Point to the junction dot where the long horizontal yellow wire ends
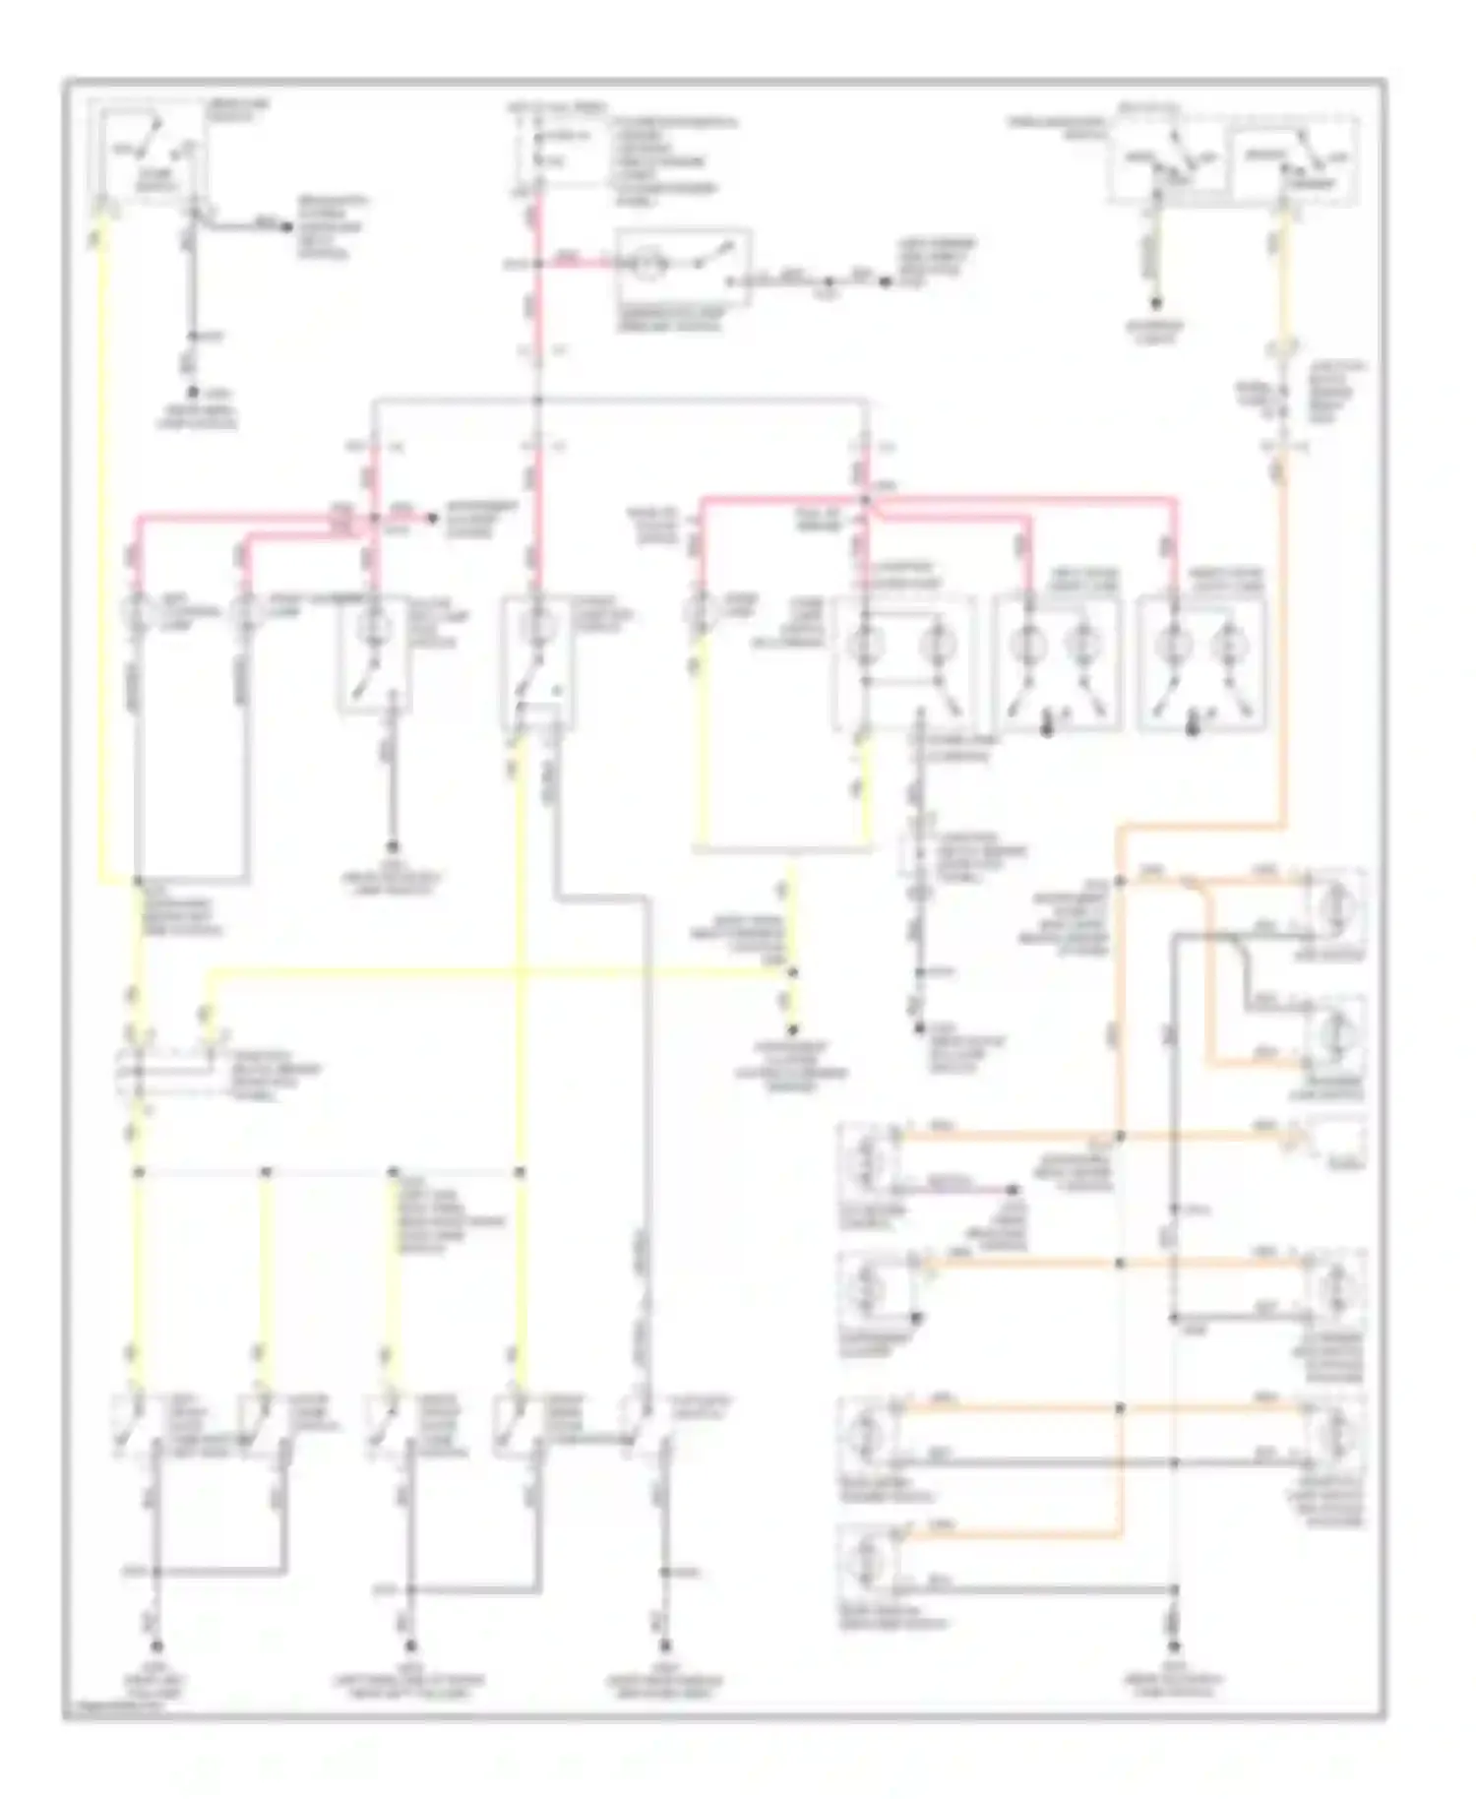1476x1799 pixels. [793, 972]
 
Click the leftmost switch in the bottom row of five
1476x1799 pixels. [137, 1427]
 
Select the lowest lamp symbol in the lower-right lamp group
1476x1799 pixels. [867, 1560]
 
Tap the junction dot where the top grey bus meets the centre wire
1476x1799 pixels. [537, 401]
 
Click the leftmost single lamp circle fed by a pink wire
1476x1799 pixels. [138, 613]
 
